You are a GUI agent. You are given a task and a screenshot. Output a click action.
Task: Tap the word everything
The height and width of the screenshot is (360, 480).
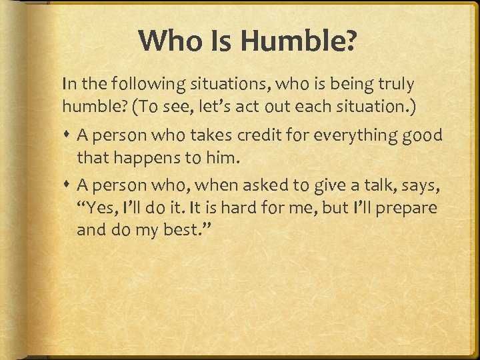pyautogui.click(x=354, y=135)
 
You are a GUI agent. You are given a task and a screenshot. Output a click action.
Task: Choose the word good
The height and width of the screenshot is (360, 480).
pyautogui.click(x=424, y=135)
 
